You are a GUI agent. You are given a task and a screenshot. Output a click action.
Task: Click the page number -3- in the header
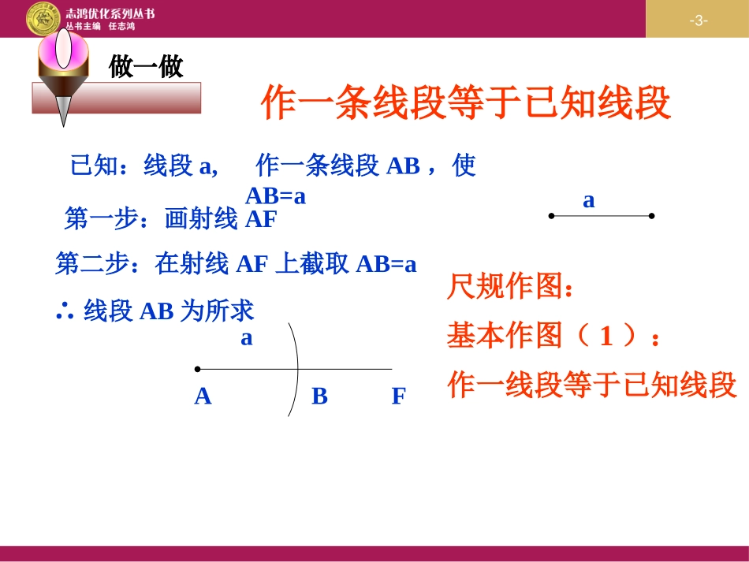coord(698,20)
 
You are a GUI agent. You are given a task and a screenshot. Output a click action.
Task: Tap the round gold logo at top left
coord(43,18)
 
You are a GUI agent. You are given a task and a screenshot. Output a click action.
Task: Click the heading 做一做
coord(146,67)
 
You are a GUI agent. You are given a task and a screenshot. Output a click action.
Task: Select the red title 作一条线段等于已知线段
coord(465,103)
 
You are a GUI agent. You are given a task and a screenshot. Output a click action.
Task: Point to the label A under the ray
coord(203,396)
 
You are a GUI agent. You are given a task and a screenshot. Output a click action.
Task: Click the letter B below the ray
coord(319,396)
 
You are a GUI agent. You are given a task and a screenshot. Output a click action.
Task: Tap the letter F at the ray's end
coord(398,396)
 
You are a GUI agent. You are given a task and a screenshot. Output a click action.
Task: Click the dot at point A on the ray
coord(197,368)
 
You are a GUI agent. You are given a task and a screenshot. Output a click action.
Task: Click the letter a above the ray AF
coord(247,338)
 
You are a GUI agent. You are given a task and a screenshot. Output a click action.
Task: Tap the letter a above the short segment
coord(588,200)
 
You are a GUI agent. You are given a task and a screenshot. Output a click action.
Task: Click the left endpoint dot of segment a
coord(551,215)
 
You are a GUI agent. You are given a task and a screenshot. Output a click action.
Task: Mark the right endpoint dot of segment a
coord(652,215)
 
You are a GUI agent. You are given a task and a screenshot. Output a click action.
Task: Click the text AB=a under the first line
coord(275,195)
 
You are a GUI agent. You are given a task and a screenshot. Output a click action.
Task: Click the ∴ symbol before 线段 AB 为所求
coord(65,311)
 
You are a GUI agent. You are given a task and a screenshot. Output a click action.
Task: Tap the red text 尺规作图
coord(509,287)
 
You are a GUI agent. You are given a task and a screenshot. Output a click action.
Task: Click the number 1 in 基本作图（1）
coord(606,337)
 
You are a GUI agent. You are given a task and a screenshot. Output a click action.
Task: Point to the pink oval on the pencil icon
coord(63,50)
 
